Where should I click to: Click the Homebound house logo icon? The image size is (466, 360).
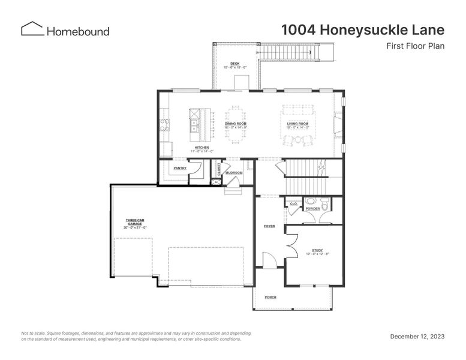(x=32, y=29)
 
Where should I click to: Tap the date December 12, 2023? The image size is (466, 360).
(x=417, y=337)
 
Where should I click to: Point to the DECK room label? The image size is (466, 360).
(x=235, y=63)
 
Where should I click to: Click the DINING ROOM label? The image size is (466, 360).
(x=236, y=124)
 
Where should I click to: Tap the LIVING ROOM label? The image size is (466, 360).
(x=297, y=124)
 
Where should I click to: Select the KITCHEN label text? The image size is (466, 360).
(x=202, y=148)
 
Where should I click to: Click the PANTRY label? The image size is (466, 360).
(x=180, y=168)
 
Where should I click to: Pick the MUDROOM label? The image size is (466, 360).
(x=234, y=173)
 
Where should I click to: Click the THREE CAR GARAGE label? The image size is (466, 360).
(x=134, y=222)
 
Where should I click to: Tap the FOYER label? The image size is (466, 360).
(x=269, y=226)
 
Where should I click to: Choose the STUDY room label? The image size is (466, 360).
(x=317, y=250)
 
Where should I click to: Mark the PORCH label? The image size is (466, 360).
(x=270, y=296)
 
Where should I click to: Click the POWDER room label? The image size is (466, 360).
(x=312, y=209)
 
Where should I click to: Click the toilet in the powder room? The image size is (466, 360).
(x=324, y=206)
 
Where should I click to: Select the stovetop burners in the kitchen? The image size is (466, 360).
(x=164, y=125)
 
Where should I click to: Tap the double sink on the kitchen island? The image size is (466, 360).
(x=195, y=125)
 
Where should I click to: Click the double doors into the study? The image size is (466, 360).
(x=291, y=245)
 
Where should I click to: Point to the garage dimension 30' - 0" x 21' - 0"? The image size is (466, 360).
(x=135, y=228)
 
